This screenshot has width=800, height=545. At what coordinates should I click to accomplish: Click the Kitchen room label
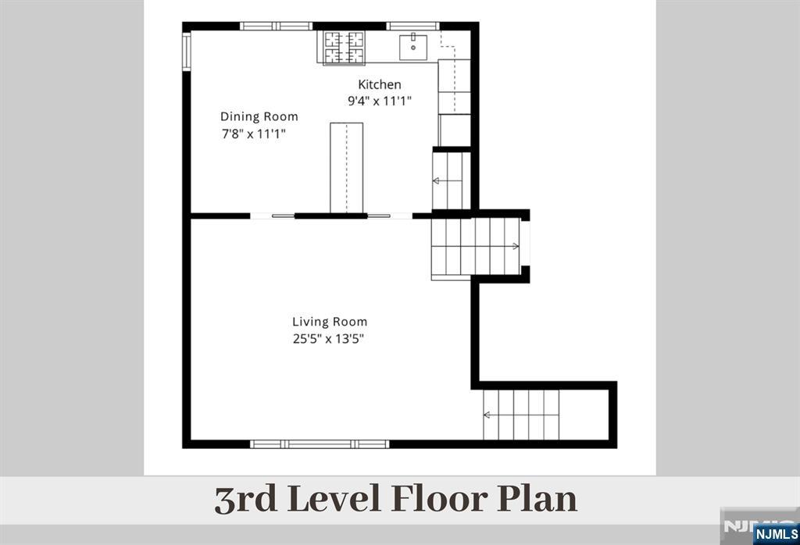[x=379, y=84]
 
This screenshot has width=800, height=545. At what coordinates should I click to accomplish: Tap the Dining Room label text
[x=259, y=117]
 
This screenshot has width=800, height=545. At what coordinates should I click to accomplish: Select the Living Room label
[x=330, y=322]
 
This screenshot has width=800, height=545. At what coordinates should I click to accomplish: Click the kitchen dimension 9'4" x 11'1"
[x=380, y=101]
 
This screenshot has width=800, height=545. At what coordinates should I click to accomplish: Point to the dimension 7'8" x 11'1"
[x=254, y=134]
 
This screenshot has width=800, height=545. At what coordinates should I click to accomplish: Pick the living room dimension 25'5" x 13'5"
[x=329, y=339]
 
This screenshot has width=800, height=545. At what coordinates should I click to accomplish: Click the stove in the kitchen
[x=345, y=48]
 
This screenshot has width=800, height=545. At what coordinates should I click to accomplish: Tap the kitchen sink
[x=412, y=47]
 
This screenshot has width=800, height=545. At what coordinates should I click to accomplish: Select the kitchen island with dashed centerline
[x=346, y=167]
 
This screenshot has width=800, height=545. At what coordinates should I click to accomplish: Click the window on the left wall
[x=187, y=50]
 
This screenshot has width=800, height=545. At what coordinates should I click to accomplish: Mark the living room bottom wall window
[x=320, y=444]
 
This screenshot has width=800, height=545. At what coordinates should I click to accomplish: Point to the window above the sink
[x=412, y=26]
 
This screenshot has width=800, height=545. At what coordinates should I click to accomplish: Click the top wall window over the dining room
[x=276, y=26]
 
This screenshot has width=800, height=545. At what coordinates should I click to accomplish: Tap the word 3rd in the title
[x=246, y=500]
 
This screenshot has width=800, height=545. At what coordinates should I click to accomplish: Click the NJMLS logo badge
[x=776, y=534]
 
